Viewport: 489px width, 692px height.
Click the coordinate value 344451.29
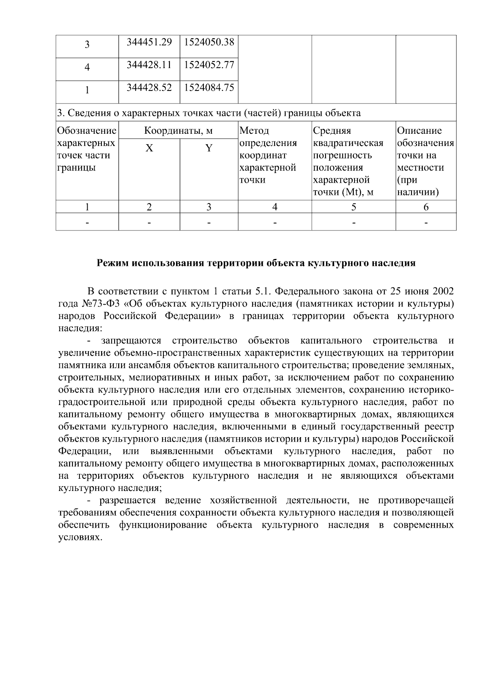click(149, 42)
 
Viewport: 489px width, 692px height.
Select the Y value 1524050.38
click(209, 42)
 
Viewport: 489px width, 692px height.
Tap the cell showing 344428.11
click(149, 64)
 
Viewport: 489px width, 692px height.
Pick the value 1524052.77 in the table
click(209, 64)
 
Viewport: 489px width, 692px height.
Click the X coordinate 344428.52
click(149, 87)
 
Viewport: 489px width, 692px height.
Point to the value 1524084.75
click(209, 87)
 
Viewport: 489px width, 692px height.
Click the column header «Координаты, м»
click(178, 131)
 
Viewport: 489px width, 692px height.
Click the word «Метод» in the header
click(254, 131)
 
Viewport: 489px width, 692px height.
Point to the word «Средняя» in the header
click(332, 131)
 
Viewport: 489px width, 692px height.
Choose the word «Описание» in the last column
click(419, 131)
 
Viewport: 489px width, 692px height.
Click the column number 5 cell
click(353, 207)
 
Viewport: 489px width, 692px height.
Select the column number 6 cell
click(426, 207)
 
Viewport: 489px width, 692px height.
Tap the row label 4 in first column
click(87, 67)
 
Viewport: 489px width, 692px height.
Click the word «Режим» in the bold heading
click(111, 263)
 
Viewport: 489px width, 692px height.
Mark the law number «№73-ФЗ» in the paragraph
click(99, 304)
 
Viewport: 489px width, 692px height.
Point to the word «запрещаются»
click(131, 340)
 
